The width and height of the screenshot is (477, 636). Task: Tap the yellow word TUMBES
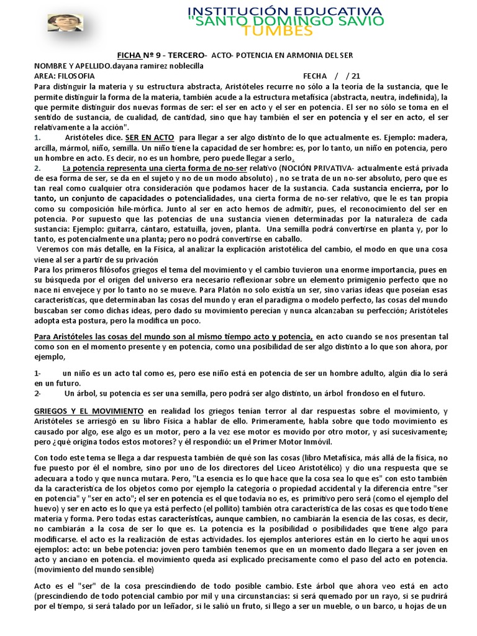pyautogui.click(x=285, y=32)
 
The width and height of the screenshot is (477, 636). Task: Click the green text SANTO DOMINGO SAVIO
pyautogui.click(x=285, y=22)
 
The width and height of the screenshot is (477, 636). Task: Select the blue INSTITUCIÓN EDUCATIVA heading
pyautogui.click(x=285, y=11)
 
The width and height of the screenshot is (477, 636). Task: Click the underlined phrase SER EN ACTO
pyautogui.click(x=149, y=137)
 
